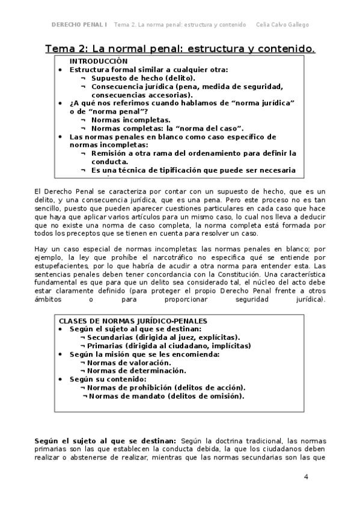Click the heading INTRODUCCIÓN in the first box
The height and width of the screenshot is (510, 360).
(x=98, y=61)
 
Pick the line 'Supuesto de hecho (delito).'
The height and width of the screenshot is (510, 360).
(x=143, y=78)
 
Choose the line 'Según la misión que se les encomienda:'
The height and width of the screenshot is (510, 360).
(x=144, y=354)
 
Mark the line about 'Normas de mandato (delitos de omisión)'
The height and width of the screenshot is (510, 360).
(x=166, y=396)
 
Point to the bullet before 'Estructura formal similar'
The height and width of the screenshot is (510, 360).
(x=61, y=70)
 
